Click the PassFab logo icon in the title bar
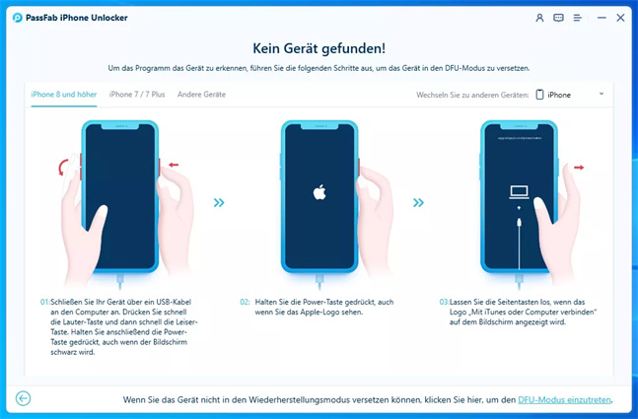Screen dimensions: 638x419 point(18,18)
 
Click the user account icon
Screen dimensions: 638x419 point(539,18)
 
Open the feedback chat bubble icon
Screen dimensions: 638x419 point(558,18)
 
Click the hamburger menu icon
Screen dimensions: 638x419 point(578,18)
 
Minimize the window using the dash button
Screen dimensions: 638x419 point(602,18)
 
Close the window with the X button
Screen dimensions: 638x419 point(620,18)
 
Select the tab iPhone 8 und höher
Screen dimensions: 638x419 point(64,95)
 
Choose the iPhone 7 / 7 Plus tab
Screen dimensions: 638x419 point(137,95)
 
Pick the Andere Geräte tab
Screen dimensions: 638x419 point(201,95)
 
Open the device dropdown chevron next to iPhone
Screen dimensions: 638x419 point(602,94)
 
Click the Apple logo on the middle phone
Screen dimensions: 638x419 point(319,192)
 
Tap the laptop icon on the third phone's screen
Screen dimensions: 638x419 point(520,192)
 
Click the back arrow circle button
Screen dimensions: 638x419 point(24,398)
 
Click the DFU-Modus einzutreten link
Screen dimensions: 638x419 point(564,400)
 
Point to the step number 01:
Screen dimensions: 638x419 point(44,302)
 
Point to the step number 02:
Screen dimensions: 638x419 point(245,302)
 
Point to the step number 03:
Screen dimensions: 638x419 point(445,302)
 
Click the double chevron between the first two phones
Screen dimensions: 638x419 point(219,202)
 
